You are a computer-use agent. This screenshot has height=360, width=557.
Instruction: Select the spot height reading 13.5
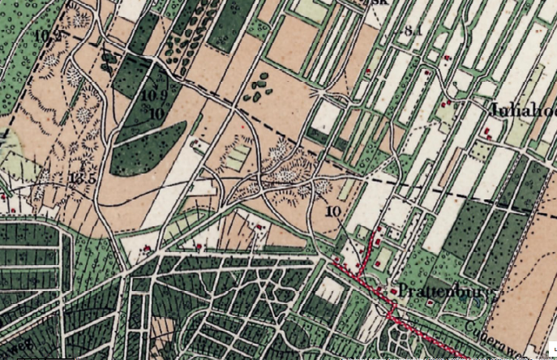pyautogui.click(x=83, y=178)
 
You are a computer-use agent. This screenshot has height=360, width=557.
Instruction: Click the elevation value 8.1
pyautogui.click(x=413, y=31)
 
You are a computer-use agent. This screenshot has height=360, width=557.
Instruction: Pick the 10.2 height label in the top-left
pyautogui.click(x=48, y=36)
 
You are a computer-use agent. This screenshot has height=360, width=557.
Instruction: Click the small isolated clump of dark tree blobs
pyautogui.click(x=259, y=88)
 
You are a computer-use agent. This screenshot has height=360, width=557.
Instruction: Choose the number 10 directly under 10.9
pyautogui.click(x=156, y=112)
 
